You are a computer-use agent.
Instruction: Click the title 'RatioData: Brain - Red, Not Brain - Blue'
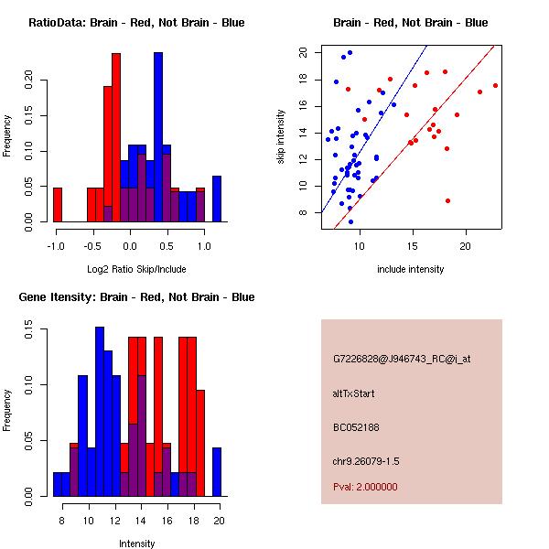pos(135,23)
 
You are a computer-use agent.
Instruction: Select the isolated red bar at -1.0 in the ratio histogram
pos(58,205)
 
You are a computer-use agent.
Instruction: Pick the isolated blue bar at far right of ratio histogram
pos(217,199)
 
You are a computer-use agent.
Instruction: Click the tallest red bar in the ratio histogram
pos(116,137)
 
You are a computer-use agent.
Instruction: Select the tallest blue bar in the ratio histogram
pos(158,137)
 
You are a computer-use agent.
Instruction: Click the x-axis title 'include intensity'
pos(410,269)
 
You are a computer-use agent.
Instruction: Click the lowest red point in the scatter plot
pos(447,200)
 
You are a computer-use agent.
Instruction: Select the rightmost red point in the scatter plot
pos(495,85)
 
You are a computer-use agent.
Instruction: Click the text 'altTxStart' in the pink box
pos(353,393)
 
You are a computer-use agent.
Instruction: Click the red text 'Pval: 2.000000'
pos(365,487)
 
